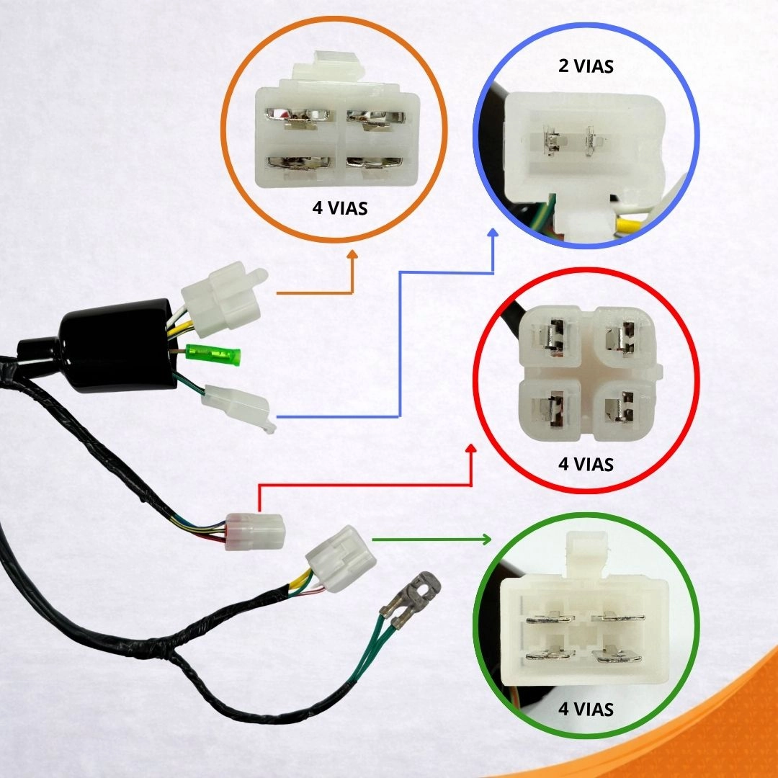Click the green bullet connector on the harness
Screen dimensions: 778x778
coord(213,354)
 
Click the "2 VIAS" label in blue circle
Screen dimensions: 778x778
coord(586,66)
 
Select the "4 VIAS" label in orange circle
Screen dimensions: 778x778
coord(340,208)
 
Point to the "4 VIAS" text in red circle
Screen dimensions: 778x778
coord(586,464)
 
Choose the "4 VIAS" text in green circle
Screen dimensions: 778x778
coord(586,709)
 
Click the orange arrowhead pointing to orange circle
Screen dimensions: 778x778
coord(352,255)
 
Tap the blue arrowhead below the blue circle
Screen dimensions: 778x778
coord(493,234)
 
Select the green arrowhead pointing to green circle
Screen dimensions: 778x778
coord(486,540)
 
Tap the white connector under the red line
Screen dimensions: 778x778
coord(255,532)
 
